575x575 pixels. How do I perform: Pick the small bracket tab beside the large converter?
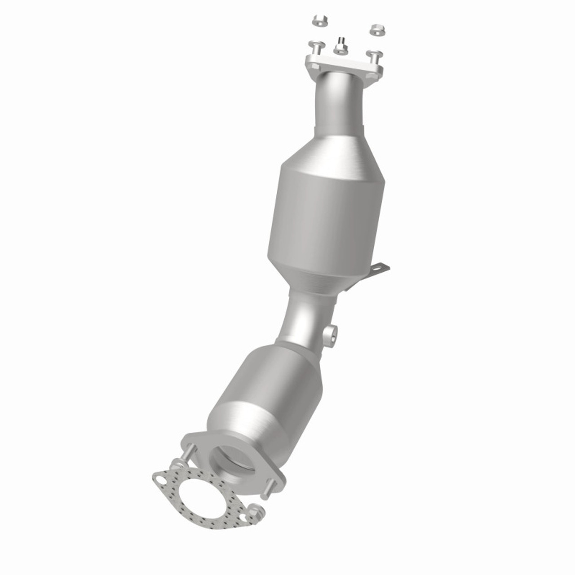[380, 270]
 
